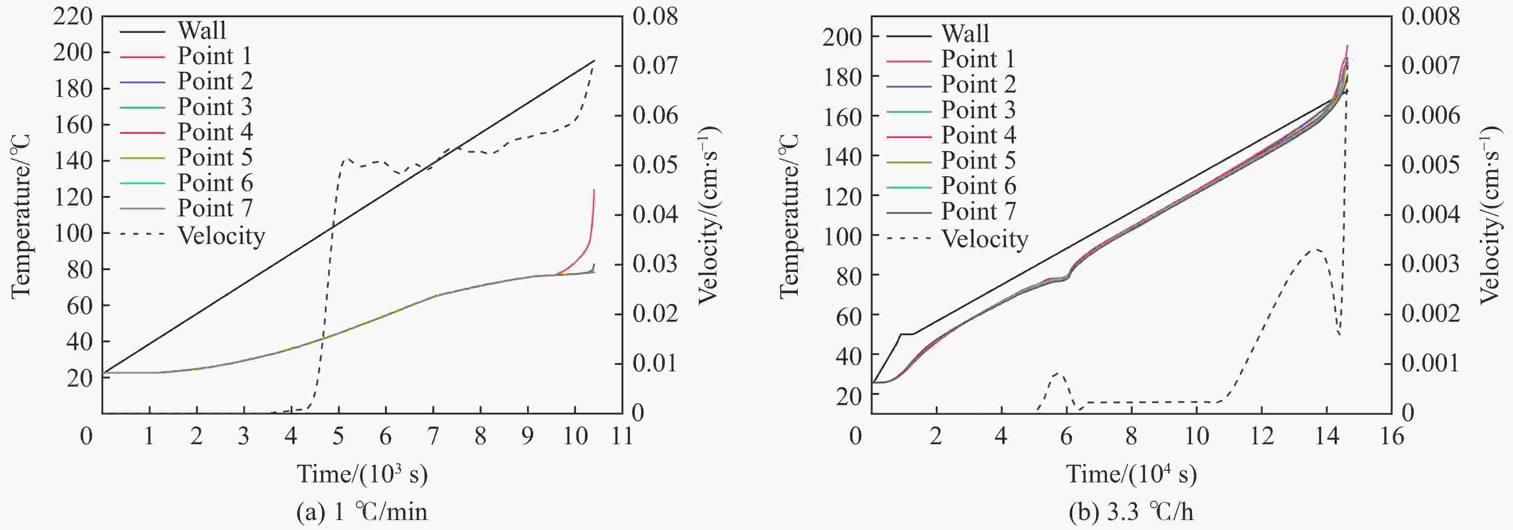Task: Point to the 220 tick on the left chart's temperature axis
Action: [x=73, y=16]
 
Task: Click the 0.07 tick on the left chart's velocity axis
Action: [x=655, y=65]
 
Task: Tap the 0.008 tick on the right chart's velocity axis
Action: [x=1430, y=16]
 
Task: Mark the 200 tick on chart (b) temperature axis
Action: [x=842, y=37]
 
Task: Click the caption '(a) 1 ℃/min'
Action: [x=362, y=512]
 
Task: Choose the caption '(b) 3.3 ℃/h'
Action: [x=1131, y=512]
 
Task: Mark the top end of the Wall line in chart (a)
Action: [x=594, y=60]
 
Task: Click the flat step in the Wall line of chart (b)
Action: [x=907, y=334]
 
